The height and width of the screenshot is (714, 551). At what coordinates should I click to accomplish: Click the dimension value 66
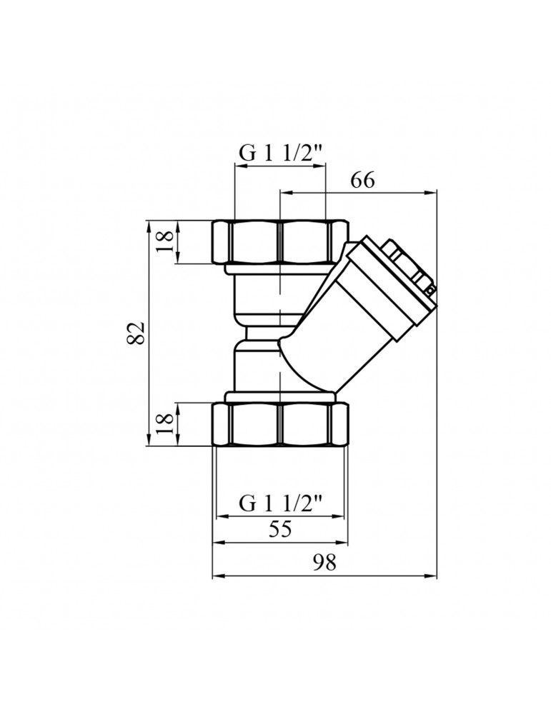[x=362, y=181]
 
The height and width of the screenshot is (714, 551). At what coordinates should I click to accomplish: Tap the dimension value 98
[x=324, y=563]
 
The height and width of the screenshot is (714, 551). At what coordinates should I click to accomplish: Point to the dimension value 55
[x=280, y=529]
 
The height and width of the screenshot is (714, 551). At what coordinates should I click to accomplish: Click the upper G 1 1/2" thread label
[x=281, y=155]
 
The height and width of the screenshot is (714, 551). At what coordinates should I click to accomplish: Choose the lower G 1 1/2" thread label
[x=281, y=504]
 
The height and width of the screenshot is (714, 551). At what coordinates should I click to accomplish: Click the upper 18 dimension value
[x=166, y=242]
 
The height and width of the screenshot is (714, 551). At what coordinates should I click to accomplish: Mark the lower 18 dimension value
[x=166, y=424]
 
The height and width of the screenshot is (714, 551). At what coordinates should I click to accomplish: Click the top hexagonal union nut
[x=281, y=242]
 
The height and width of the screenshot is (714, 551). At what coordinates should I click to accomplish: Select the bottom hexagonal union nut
[x=281, y=424]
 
